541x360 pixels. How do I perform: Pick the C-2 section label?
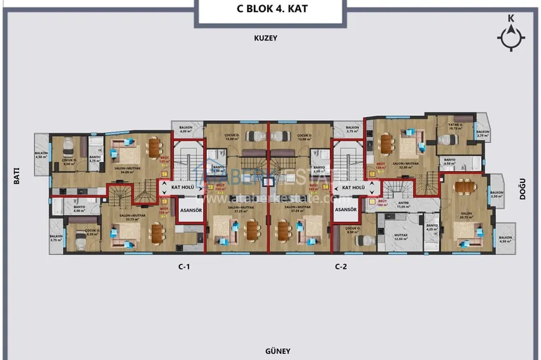point(341,267)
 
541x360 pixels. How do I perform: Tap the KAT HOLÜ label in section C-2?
point(353,188)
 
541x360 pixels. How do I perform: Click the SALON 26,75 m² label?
point(467,214)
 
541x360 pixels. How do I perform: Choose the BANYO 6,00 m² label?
point(80,209)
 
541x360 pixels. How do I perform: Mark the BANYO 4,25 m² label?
point(432,228)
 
